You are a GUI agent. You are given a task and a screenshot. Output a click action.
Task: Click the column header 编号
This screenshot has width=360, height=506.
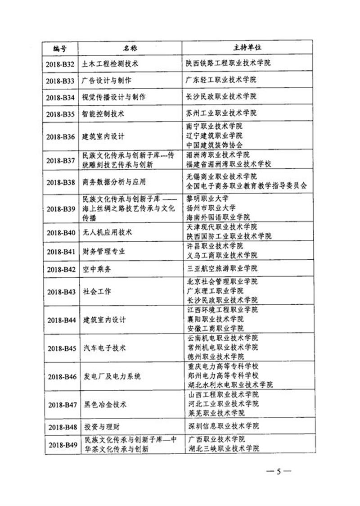[x=60, y=47]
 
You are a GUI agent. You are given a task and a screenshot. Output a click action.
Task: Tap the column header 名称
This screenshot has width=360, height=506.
[x=130, y=47]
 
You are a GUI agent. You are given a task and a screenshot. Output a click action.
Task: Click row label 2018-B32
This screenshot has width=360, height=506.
[x=60, y=63]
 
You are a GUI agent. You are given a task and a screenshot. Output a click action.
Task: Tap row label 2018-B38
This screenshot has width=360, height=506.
[x=60, y=182]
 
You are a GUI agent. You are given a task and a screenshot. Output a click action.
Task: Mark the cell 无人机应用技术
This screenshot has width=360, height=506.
[x=107, y=233]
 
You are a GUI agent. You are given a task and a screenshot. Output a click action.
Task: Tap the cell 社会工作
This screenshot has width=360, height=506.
[x=97, y=291]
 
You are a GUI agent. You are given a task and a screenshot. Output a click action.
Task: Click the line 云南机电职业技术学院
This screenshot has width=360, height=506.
[x=222, y=338]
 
